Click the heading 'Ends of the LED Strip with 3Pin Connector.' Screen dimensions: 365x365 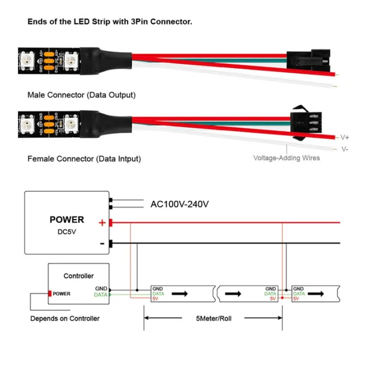click(x=109, y=22)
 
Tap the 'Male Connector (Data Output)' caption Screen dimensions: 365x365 click(x=82, y=95)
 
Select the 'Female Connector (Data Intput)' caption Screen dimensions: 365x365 click(x=84, y=159)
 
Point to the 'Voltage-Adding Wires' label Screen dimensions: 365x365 click(x=286, y=158)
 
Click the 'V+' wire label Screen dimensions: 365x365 click(x=344, y=137)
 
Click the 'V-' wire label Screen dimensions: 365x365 click(x=344, y=149)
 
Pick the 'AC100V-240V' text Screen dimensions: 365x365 click(x=180, y=204)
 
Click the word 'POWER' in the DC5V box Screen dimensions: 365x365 click(x=67, y=220)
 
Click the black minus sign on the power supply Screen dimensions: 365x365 click(x=102, y=244)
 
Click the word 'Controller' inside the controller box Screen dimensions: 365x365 click(x=78, y=276)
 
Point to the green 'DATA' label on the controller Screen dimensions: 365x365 click(x=101, y=295)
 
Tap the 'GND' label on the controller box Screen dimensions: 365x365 click(x=101, y=288)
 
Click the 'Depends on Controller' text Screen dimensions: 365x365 click(x=65, y=318)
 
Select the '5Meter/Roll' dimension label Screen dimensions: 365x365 click(x=214, y=319)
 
